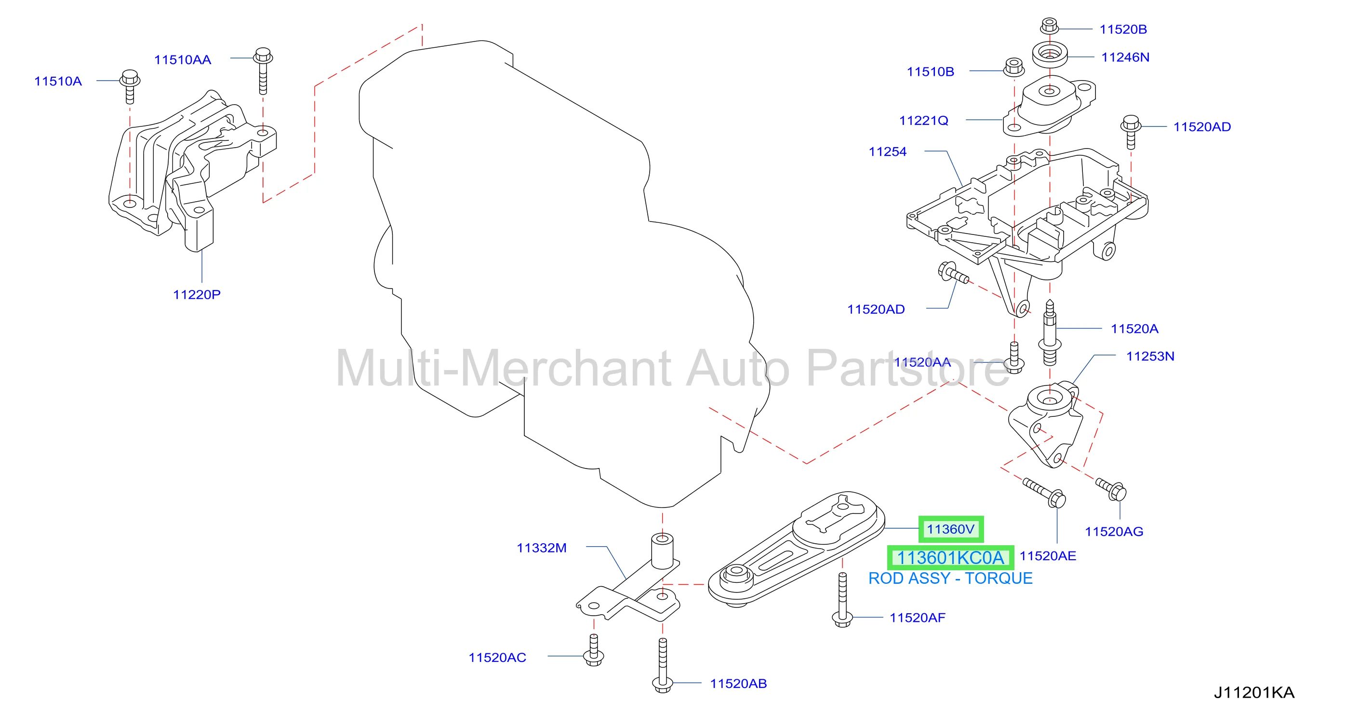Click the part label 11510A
click(58, 81)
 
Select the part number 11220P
click(197, 294)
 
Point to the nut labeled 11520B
click(1049, 25)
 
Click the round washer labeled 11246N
click(1050, 55)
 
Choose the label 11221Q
click(923, 120)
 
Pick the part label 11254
click(887, 151)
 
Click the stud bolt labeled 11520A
click(1050, 332)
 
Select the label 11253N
click(1150, 356)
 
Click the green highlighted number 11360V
click(950, 529)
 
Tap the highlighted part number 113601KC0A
click(950, 558)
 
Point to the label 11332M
click(541, 548)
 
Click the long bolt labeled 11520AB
click(663, 666)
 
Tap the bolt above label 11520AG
click(1111, 489)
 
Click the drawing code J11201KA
click(1254, 692)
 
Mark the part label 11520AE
click(1048, 556)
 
